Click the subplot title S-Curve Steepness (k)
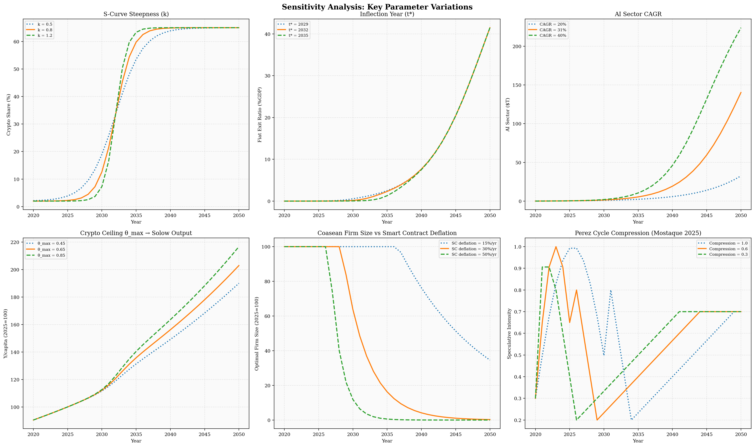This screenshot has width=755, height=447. pos(136,14)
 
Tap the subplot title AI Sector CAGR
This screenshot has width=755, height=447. pos(638,14)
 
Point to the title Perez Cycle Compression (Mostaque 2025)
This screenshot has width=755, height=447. pos(638,233)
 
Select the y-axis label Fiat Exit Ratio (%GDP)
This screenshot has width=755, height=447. pos(260,114)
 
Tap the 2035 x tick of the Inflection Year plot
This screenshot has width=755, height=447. pos(387,216)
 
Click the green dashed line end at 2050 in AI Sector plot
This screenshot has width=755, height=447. pos(741,28)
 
